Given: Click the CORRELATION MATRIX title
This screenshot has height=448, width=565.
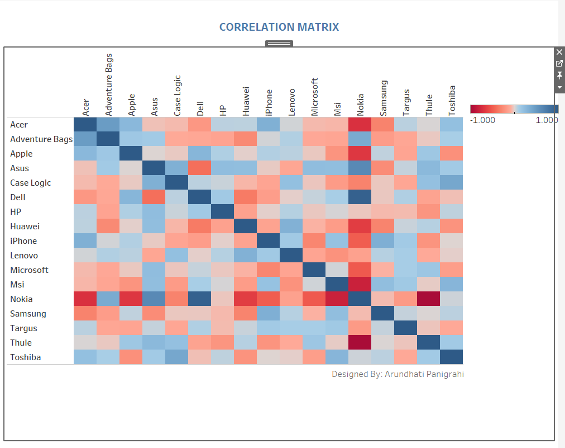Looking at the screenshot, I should (x=279, y=27).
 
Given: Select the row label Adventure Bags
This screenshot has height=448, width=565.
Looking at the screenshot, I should (x=41, y=139).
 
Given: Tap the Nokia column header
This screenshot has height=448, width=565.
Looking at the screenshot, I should (x=361, y=105).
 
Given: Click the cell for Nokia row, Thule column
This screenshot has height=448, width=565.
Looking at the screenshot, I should (x=429, y=299).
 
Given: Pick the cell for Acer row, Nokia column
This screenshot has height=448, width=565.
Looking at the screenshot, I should (x=360, y=124).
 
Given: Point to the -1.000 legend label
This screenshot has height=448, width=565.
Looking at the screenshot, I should (x=482, y=120).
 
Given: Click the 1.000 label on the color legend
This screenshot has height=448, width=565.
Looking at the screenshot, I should (x=547, y=120).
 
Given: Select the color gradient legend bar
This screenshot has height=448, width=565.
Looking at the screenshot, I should (x=514, y=109).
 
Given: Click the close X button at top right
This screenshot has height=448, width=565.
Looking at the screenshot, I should (x=559, y=52).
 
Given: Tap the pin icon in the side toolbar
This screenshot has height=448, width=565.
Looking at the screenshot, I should (x=559, y=76).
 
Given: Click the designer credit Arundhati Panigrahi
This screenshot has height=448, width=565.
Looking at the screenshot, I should (x=398, y=374).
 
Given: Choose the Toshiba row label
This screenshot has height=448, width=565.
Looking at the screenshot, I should (x=25, y=357).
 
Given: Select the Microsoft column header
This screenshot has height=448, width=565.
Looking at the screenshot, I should (x=314, y=97).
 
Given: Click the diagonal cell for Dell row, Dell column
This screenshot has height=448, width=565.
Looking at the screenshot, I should (x=200, y=197).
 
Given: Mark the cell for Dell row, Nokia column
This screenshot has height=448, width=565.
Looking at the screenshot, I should (x=360, y=197).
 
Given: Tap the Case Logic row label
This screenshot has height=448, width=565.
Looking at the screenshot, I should (x=30, y=183).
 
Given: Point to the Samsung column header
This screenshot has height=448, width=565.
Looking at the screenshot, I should (x=384, y=98).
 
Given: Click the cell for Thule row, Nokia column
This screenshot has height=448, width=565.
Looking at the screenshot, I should (x=360, y=342).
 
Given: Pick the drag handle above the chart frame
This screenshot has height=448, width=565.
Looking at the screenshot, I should (x=279, y=43).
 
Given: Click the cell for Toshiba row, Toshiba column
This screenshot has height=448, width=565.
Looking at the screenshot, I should (x=452, y=357).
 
